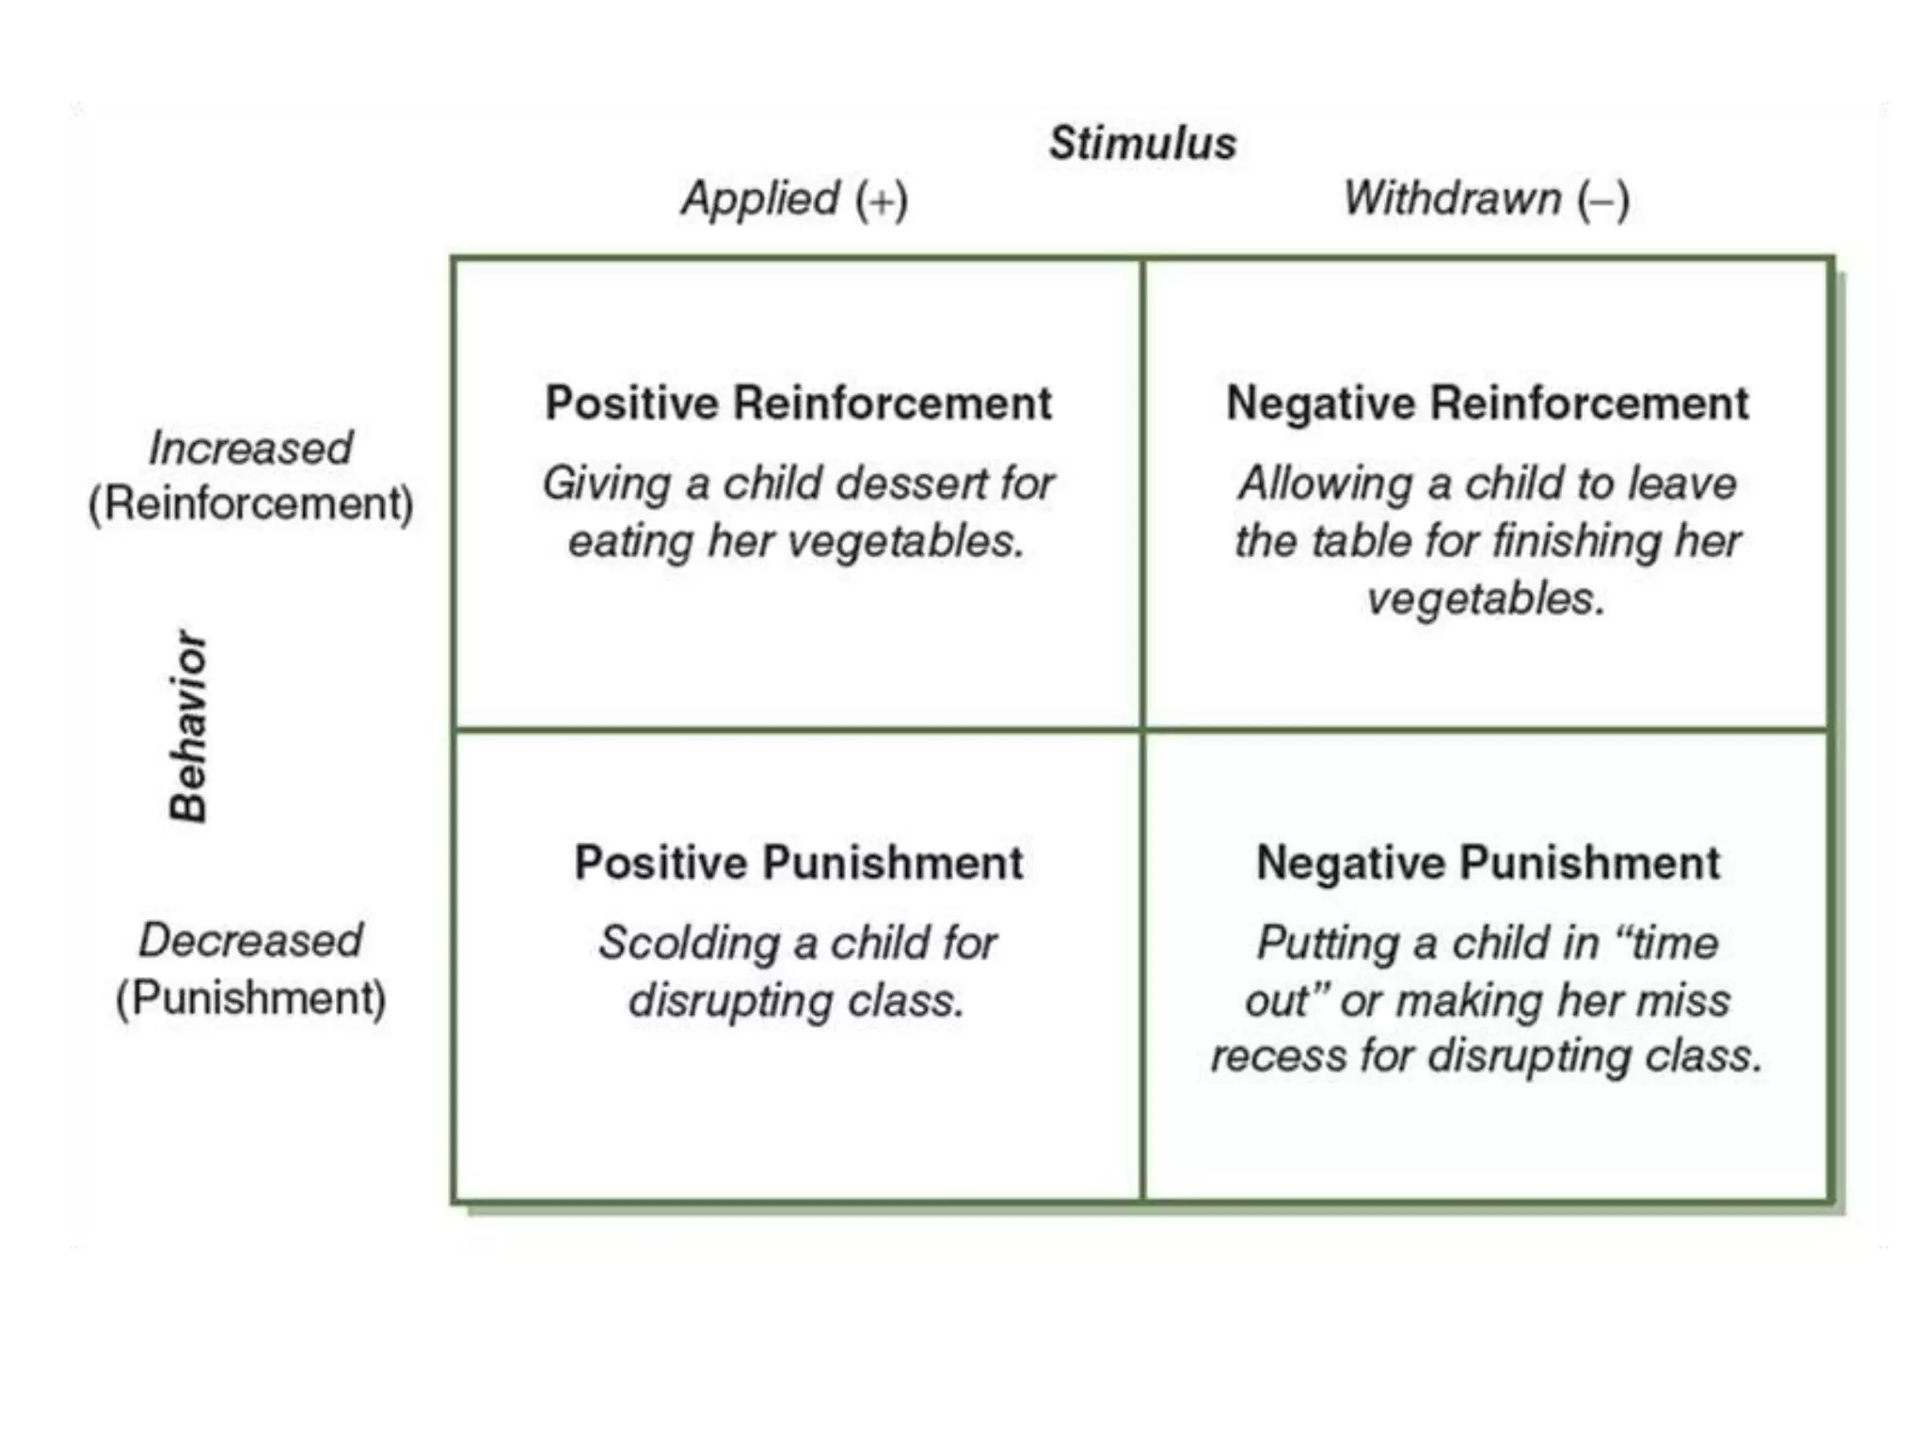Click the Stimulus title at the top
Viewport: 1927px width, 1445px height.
[x=1141, y=144]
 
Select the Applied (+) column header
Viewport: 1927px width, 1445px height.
[x=794, y=199]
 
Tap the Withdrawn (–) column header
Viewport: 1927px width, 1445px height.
[x=1486, y=199]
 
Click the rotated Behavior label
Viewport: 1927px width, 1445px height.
[x=188, y=726]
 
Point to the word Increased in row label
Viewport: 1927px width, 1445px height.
[x=250, y=448]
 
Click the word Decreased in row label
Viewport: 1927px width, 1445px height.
[x=250, y=940]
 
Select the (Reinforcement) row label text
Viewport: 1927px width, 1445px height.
[x=250, y=504]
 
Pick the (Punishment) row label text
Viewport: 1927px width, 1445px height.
[x=250, y=998]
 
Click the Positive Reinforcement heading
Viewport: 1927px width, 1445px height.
[x=798, y=404]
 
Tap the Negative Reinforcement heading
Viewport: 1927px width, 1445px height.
[x=1487, y=404]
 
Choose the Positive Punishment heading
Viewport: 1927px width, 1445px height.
[x=798, y=863]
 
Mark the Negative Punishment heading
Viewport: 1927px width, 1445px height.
[x=1488, y=863]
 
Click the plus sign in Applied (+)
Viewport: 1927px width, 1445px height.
[x=882, y=201]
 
